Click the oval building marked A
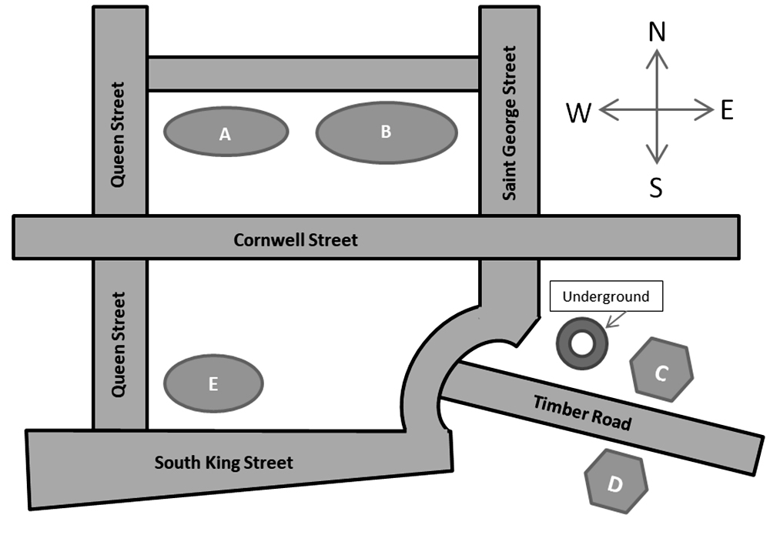pyautogui.click(x=226, y=132)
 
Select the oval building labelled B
pyautogui.click(x=387, y=132)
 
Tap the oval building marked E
pyautogui.click(x=214, y=383)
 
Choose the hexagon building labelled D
pyautogui.click(x=615, y=483)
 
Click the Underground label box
pyautogui.click(x=605, y=296)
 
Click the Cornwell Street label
pyautogui.click(x=296, y=240)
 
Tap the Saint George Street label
pyautogui.click(x=509, y=123)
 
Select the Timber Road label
pyautogui.click(x=582, y=412)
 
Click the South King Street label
pyautogui.click(x=223, y=463)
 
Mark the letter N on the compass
pyautogui.click(x=657, y=32)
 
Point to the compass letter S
pyautogui.click(x=655, y=188)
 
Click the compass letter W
pyautogui.click(x=579, y=114)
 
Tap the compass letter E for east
pyautogui.click(x=726, y=111)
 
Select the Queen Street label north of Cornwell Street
pyautogui.click(x=118, y=135)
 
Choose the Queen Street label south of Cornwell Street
pyautogui.click(x=118, y=343)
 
